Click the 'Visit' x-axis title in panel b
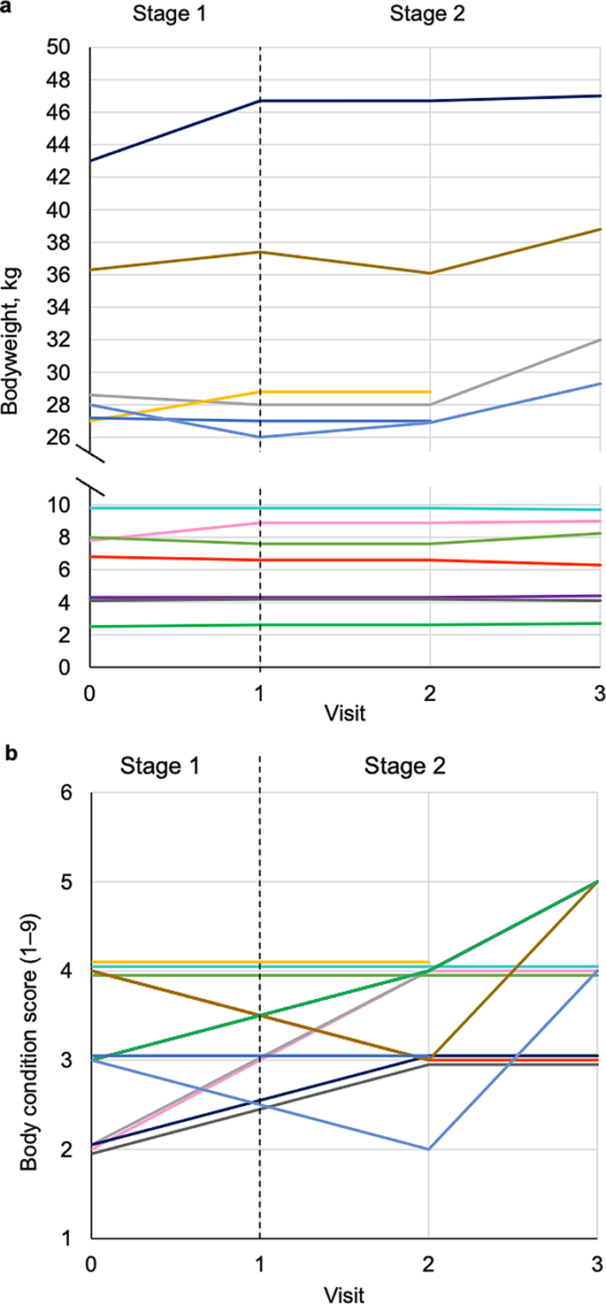345,1293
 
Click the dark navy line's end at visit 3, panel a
601,95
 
